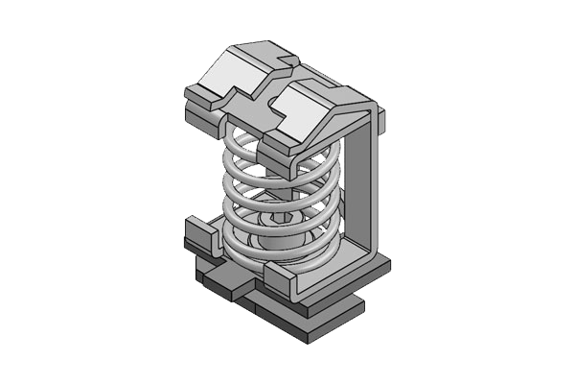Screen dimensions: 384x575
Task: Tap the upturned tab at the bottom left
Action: (197, 236)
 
